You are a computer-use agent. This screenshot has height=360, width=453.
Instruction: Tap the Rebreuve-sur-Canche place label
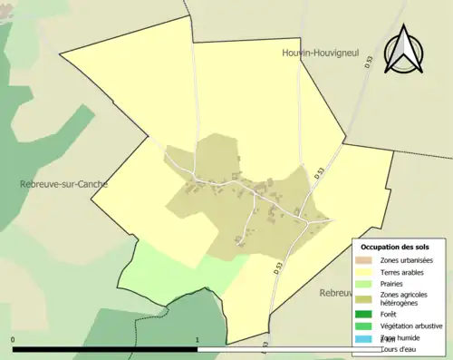tap(63, 184)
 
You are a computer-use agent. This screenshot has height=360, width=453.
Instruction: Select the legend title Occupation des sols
tap(395, 247)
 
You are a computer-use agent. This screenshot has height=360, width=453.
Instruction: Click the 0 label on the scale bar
tap(14, 340)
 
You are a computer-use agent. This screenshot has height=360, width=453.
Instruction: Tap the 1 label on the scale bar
tap(198, 340)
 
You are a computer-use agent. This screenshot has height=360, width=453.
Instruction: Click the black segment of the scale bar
tap(105, 348)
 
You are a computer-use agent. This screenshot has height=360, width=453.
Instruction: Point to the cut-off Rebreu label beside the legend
tap(334, 293)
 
